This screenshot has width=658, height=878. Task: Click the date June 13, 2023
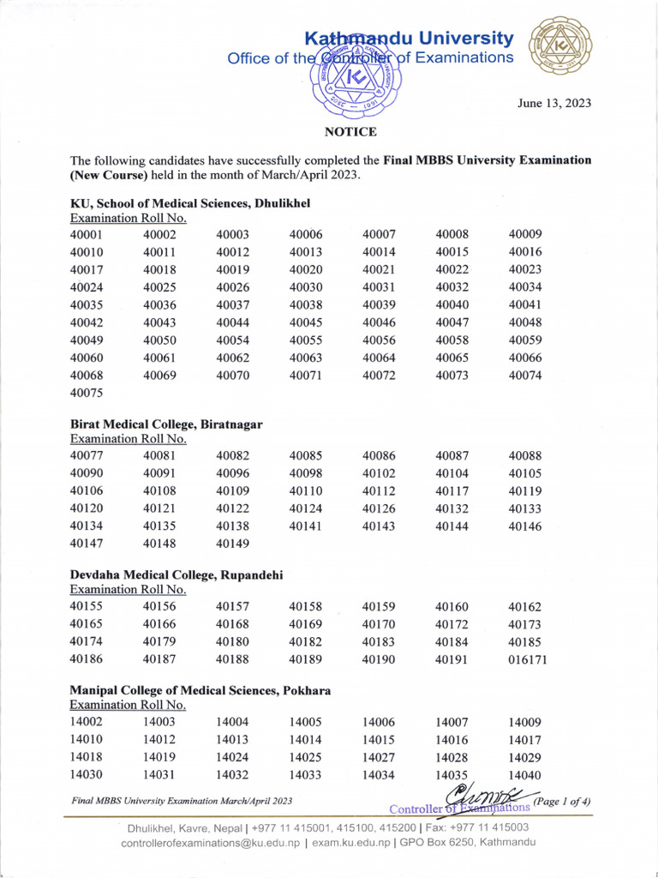553,104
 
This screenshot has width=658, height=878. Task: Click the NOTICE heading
350,132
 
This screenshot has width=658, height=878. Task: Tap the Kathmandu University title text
410,39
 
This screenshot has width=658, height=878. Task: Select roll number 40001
87,235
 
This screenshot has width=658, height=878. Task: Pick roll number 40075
87,394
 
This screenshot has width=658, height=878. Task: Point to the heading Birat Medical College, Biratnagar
166,424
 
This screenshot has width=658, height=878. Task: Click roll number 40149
233,543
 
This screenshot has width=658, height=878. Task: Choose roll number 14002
87,723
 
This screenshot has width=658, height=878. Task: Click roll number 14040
525,775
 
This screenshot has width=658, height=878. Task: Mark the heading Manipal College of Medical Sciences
200,690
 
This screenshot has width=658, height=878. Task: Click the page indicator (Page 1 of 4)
562,802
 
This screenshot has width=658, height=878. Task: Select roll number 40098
306,473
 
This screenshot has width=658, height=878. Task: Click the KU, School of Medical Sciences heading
189,203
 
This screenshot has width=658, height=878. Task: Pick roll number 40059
525,340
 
